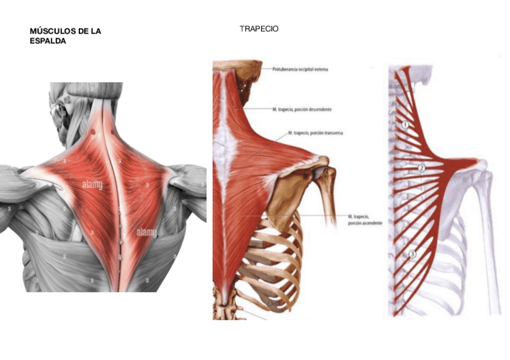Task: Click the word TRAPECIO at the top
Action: pyautogui.click(x=259, y=28)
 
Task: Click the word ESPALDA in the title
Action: pyautogui.click(x=48, y=41)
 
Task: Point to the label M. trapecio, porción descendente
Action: pyautogui.click(x=302, y=109)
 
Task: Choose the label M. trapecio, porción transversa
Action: pyautogui.click(x=315, y=133)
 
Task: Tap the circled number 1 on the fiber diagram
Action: pyautogui.click(x=405, y=124)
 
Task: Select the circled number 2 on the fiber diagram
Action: pyautogui.click(x=422, y=168)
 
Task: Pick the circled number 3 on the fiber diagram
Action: pyautogui.click(x=412, y=254)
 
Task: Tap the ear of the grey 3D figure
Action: pyautogui.click(x=61, y=111)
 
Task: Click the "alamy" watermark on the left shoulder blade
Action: pyautogui.click(x=92, y=186)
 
